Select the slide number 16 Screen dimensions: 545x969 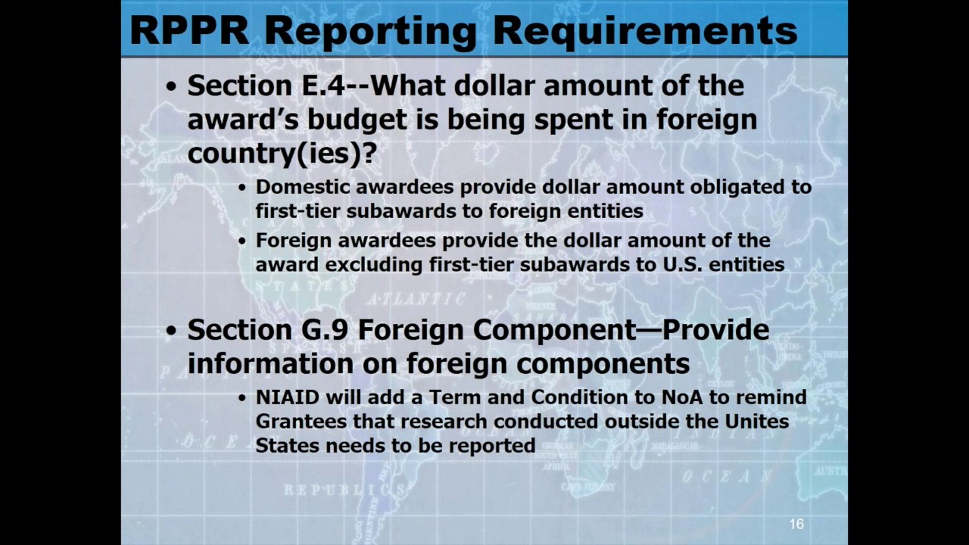(796, 524)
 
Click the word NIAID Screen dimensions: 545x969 (287, 397)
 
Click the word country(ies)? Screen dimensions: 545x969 (282, 153)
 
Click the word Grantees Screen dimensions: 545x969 (301, 422)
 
